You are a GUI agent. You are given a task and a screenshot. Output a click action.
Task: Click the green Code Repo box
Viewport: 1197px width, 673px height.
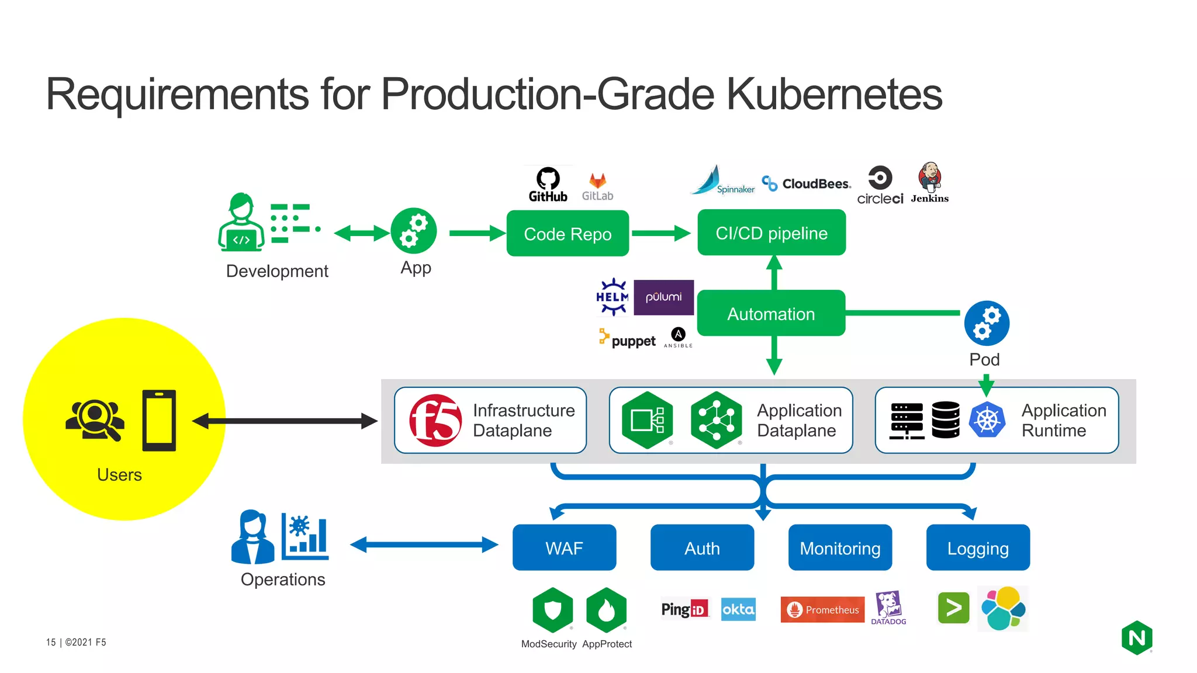click(x=568, y=234)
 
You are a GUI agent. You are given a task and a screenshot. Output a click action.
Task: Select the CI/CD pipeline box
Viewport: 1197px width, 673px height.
click(x=772, y=233)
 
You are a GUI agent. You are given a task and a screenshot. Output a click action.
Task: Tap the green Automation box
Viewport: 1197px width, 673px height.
click(x=771, y=314)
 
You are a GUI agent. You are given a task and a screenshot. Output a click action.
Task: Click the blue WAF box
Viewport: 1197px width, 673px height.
click(x=564, y=548)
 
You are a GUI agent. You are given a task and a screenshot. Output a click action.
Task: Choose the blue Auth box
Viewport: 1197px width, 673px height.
click(x=702, y=548)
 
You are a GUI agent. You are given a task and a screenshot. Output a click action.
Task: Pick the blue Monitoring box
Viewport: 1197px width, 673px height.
click(x=840, y=548)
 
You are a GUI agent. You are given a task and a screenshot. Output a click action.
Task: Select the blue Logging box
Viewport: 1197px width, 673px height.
click(x=978, y=548)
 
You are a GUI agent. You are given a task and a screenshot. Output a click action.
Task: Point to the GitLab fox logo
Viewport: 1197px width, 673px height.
click(x=597, y=182)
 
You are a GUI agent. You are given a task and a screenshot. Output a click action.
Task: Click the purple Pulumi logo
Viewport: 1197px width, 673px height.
click(x=663, y=297)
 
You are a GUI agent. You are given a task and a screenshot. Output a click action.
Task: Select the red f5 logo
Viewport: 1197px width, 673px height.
click(x=435, y=421)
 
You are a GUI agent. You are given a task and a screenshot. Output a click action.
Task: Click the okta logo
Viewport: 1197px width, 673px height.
click(x=738, y=609)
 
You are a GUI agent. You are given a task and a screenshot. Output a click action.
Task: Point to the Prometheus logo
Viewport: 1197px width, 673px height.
click(x=822, y=609)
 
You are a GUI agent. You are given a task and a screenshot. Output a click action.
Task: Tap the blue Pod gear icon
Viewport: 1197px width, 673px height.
click(x=987, y=323)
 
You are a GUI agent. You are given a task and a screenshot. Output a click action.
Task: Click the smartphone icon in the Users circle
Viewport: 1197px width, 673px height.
click(x=159, y=421)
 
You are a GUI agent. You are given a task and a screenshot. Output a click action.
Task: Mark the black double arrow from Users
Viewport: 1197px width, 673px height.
click(x=285, y=421)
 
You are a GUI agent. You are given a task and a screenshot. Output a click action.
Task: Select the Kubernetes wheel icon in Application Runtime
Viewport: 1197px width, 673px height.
click(x=987, y=420)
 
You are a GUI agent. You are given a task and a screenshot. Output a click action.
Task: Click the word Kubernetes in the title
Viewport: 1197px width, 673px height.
click(x=834, y=94)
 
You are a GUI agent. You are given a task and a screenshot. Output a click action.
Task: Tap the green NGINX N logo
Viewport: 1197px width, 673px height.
click(x=1137, y=638)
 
